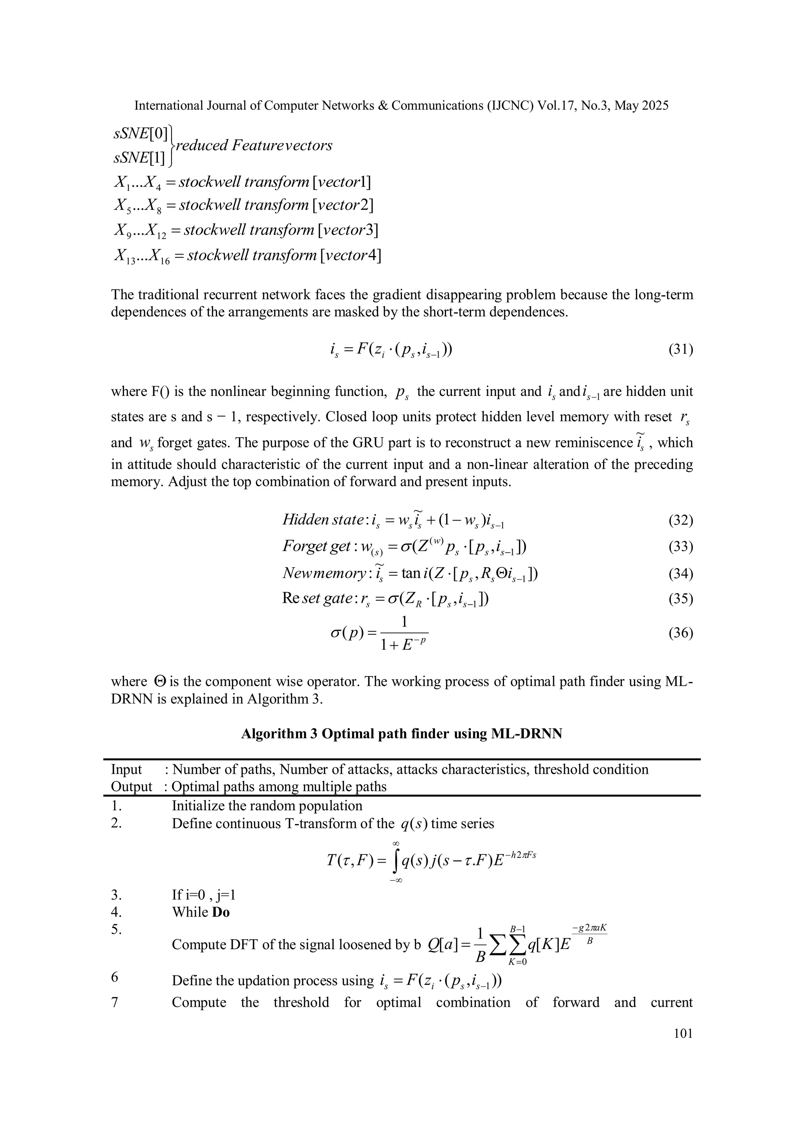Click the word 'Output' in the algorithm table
pyautogui.click(x=131, y=786)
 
